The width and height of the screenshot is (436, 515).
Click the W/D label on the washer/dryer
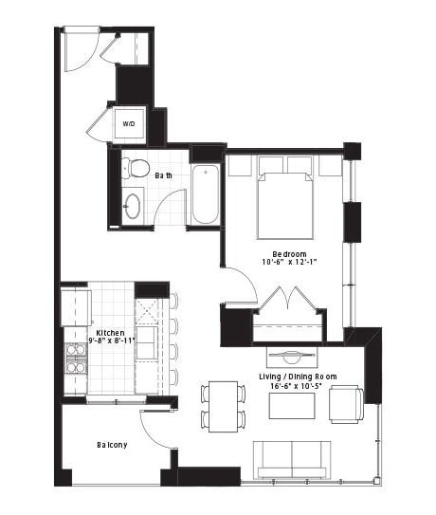[129, 124]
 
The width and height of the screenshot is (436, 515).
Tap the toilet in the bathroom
[135, 168]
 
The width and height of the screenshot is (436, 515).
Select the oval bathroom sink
[133, 206]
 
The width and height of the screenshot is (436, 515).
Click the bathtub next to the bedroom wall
[205, 194]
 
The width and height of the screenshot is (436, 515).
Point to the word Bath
[163, 175]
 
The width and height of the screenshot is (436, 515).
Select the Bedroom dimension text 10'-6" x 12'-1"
[289, 262]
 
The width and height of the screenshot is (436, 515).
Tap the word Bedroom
[289, 254]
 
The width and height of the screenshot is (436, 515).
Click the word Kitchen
[110, 333]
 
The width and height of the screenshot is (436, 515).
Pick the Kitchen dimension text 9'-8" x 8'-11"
[112, 340]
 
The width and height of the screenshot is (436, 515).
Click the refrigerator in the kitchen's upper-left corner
[76, 307]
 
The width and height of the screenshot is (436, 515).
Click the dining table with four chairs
[224, 407]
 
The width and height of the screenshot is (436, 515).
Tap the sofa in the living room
[292, 460]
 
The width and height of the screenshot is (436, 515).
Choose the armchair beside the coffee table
[346, 404]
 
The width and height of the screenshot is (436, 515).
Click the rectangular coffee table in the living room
[292, 406]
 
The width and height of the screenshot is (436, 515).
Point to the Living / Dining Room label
[298, 377]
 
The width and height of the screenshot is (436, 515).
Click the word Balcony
[112, 445]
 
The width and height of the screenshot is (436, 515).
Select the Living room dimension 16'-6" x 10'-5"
[296, 386]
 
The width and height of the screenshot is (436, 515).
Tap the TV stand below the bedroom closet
[292, 357]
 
